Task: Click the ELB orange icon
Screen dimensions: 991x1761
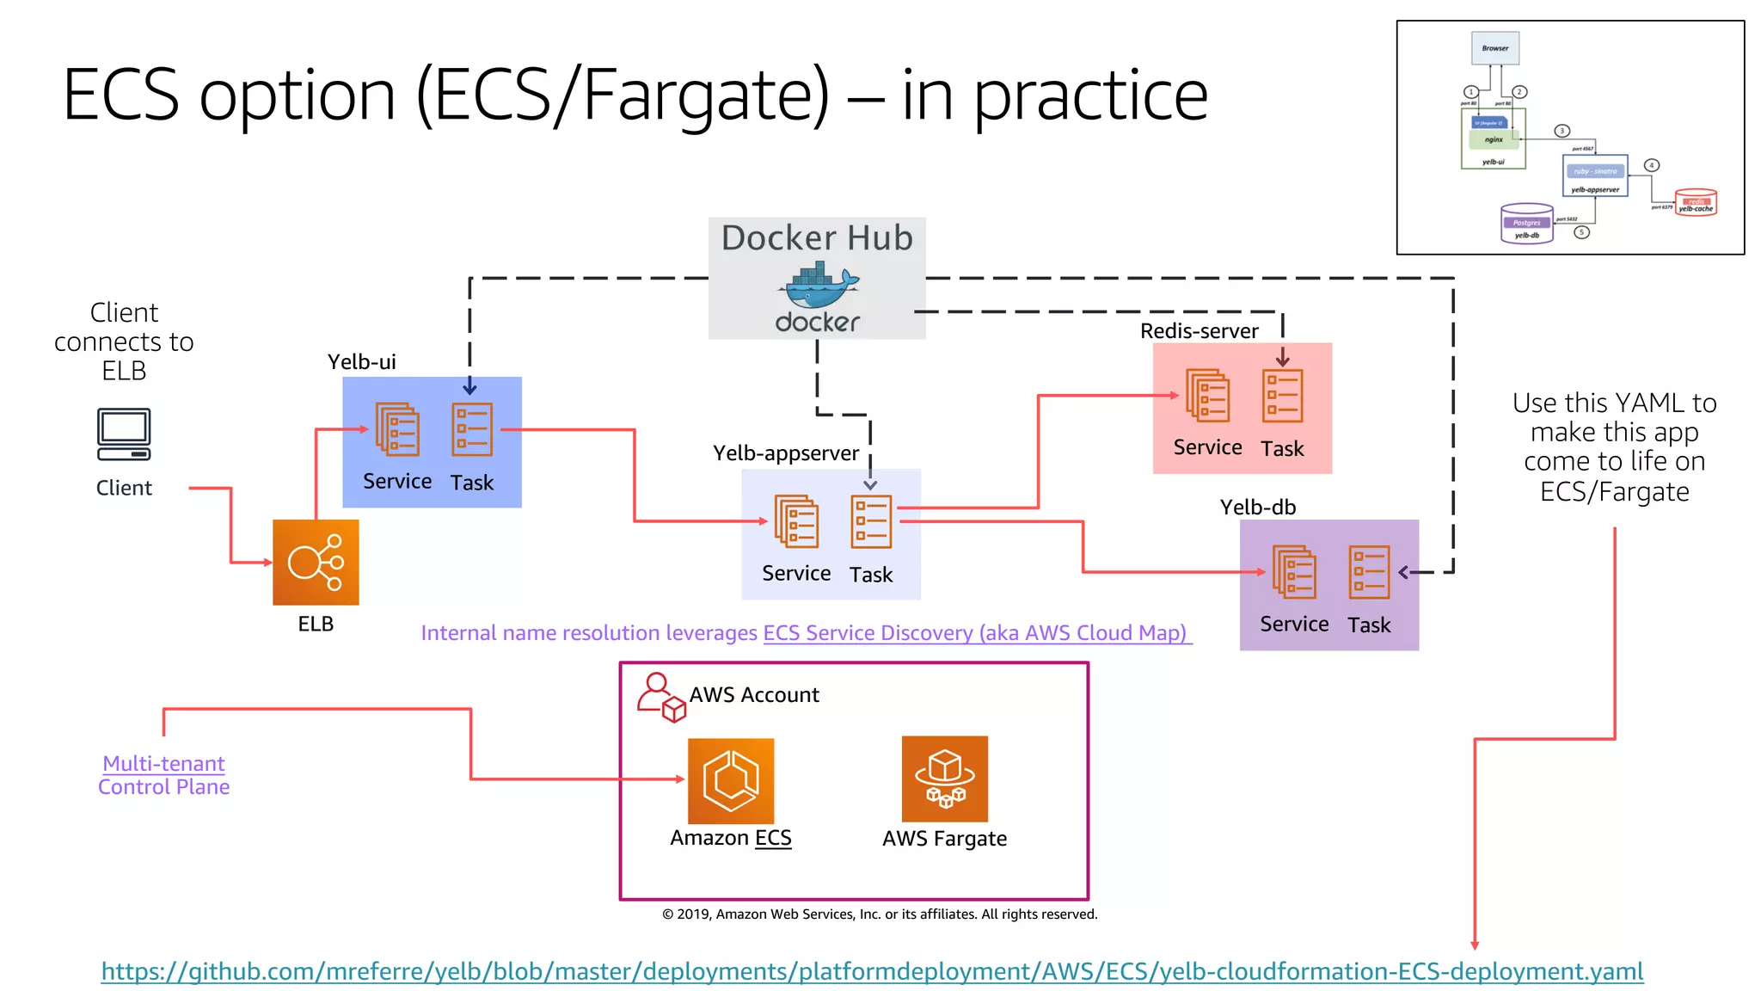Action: click(x=316, y=562)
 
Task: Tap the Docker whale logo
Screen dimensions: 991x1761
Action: click(x=818, y=288)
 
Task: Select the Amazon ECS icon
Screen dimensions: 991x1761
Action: click(x=731, y=780)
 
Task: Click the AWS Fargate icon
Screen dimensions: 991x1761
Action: click(x=944, y=779)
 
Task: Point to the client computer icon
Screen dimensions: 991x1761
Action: click(x=124, y=434)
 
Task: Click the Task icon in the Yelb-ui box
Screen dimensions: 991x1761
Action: click(x=472, y=429)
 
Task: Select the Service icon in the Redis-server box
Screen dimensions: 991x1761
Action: click(x=1207, y=396)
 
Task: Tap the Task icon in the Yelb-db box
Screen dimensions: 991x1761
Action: click(x=1369, y=572)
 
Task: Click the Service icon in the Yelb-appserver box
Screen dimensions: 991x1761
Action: click(x=796, y=521)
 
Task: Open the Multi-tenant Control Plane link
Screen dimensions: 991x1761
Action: click(x=163, y=774)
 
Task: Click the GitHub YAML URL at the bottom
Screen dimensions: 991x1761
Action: click(x=872, y=971)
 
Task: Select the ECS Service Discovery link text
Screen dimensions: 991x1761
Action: click(x=975, y=633)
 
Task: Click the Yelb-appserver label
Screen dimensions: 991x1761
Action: click(x=785, y=453)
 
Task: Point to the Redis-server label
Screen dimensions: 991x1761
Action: click(x=1199, y=331)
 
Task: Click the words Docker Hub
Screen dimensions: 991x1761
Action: click(x=817, y=237)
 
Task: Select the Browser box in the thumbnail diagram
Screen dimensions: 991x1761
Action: click(x=1494, y=48)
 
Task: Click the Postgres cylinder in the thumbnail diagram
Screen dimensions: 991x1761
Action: click(x=1526, y=224)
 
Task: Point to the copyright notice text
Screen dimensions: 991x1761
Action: click(x=880, y=914)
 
